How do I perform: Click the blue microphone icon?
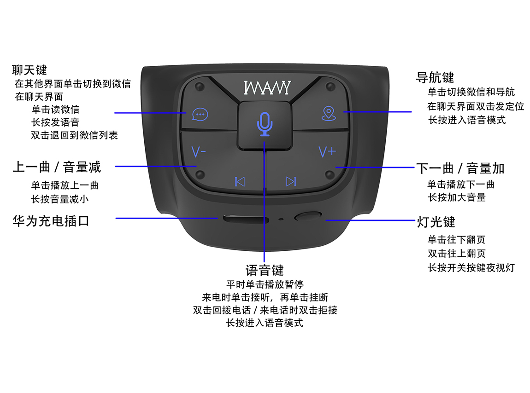(265, 124)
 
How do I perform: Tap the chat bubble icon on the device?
(200, 115)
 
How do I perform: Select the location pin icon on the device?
(329, 114)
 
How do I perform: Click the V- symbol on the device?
(199, 152)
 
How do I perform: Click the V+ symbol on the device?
(327, 152)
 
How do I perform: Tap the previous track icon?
(240, 182)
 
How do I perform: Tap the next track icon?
(291, 182)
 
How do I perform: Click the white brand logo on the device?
(267, 87)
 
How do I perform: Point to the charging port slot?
(246, 219)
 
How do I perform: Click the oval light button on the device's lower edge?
(308, 216)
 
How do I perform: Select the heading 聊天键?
(29, 70)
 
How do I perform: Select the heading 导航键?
(435, 77)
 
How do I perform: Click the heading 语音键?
(265, 271)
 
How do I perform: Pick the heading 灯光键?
(436, 222)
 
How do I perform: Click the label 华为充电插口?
(51, 221)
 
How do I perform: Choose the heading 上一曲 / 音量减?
(57, 167)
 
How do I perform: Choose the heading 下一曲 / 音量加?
(460, 168)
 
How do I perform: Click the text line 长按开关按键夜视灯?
(471, 268)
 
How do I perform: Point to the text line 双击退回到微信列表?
(74, 135)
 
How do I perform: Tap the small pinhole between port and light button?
(281, 219)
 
